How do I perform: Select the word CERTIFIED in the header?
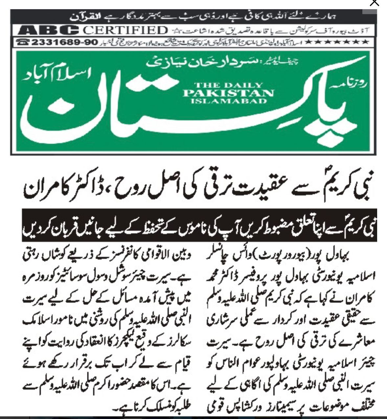click(x=125, y=31)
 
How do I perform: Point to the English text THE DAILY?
click(x=228, y=85)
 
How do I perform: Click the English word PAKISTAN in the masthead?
click(x=228, y=93)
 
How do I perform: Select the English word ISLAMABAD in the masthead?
click(x=228, y=101)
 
